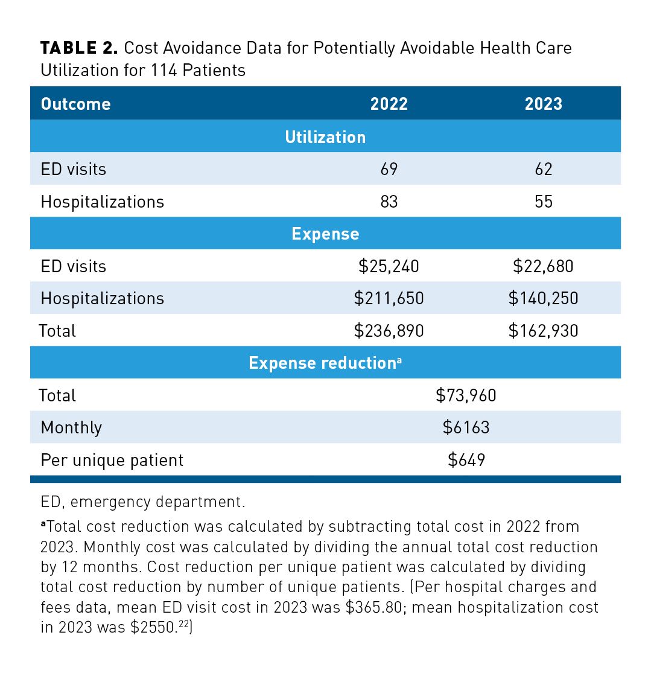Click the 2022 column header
point(389,104)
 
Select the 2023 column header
point(543,104)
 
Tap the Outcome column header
point(75,104)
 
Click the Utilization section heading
point(325,137)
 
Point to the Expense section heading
point(325,234)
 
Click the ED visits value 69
point(389,169)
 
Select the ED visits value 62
point(543,169)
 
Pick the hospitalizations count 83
point(389,202)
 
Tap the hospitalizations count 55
point(543,202)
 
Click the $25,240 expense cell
point(389,266)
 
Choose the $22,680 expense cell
point(543,266)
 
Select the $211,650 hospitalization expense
point(389,298)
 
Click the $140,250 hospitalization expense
point(543,298)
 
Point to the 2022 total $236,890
point(389,331)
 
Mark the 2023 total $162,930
point(543,331)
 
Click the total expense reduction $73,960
point(466,395)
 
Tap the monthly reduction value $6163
point(466,427)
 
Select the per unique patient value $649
point(466,460)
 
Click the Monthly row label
point(71,428)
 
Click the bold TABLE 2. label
point(79,48)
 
